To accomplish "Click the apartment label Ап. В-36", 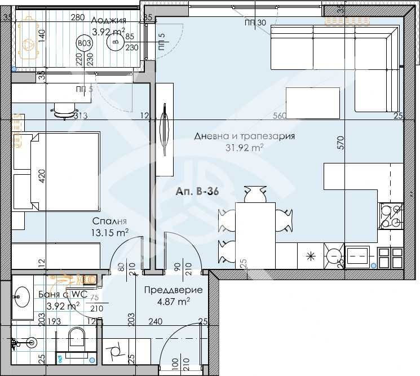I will pos(197,192).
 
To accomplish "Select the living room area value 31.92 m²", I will pos(245,148).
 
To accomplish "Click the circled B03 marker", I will pos(85,43).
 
